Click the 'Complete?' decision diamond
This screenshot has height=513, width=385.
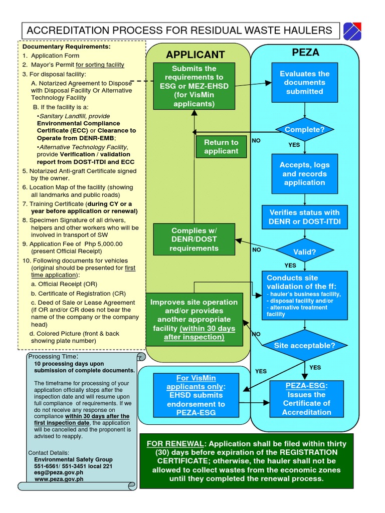click(304, 130)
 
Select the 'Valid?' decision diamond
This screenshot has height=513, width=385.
click(304, 251)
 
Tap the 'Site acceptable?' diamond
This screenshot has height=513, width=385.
click(304, 345)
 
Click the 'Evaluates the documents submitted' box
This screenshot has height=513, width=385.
click(304, 83)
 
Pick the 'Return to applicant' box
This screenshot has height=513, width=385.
click(221, 147)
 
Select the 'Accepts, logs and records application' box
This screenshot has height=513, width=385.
click(304, 174)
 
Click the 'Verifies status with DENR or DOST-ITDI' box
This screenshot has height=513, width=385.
click(304, 217)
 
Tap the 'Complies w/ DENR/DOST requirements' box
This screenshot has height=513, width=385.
click(194, 239)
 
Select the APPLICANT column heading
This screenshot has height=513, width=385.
click(196, 55)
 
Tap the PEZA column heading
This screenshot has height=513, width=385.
click(305, 53)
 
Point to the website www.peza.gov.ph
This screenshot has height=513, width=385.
click(59, 479)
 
